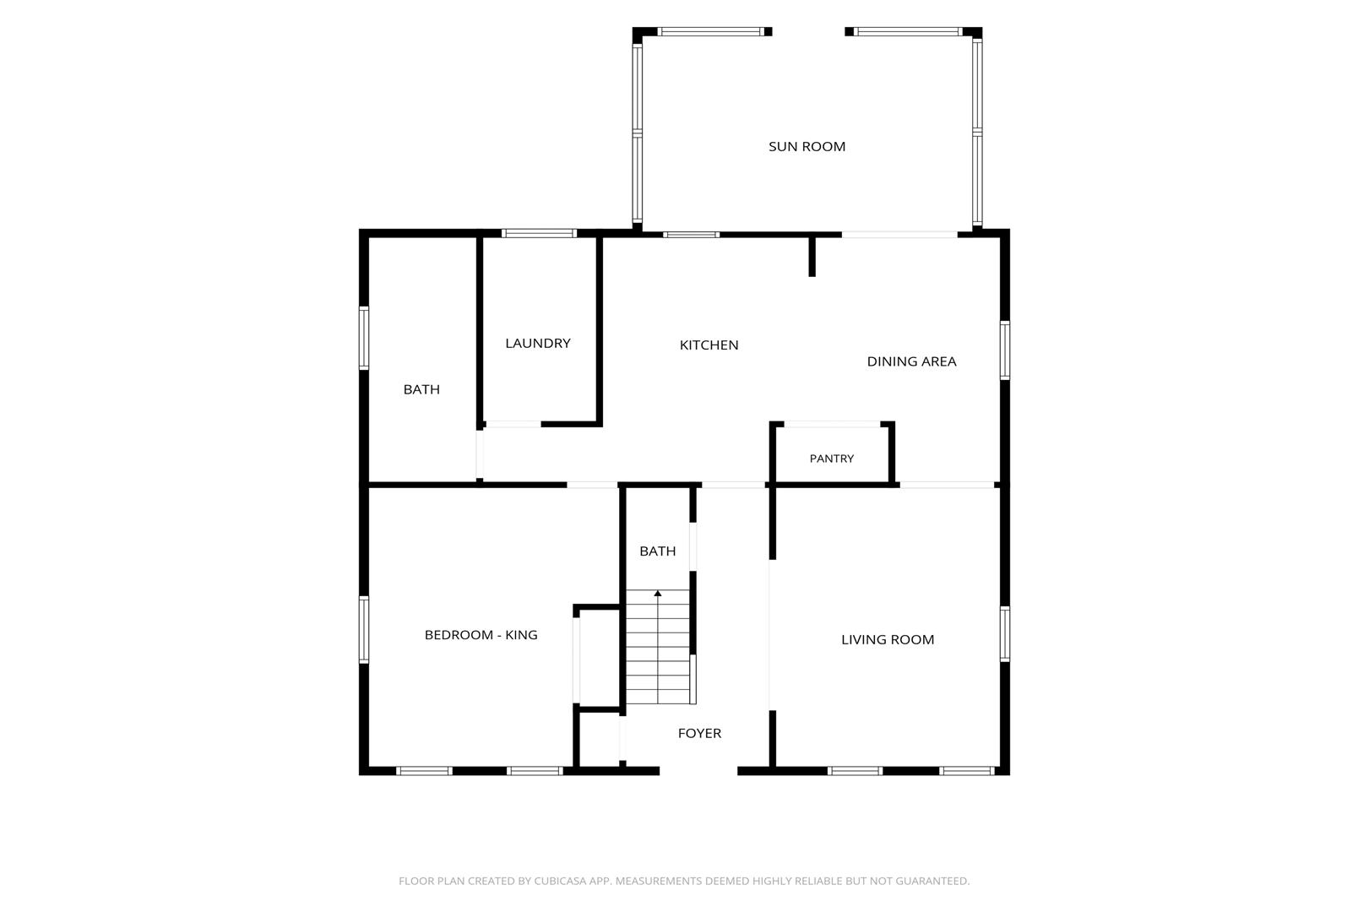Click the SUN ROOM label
point(807,147)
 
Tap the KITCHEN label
point(709,345)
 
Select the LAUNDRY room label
point(538,344)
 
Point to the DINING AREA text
point(911,362)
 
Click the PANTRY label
point(832,459)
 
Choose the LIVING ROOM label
point(888,640)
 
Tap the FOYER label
point(699,734)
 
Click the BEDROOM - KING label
point(481,635)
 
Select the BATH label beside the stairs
point(658,551)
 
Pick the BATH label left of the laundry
point(421,390)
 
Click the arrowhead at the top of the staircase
point(658,594)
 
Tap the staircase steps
point(658,647)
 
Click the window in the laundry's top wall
point(539,234)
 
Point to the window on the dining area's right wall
point(1005,350)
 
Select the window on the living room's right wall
point(1005,634)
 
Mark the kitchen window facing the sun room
point(691,235)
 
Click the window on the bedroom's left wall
point(364,630)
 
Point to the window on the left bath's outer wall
point(364,338)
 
